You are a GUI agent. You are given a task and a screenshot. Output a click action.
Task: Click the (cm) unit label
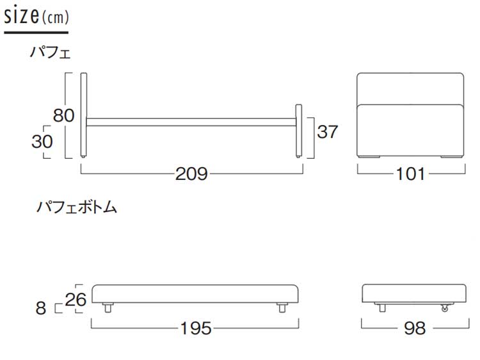coord(55,17)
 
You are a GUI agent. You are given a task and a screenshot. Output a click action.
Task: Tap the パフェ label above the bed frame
coord(50,53)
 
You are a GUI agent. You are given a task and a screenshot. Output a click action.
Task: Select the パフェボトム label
coord(77,207)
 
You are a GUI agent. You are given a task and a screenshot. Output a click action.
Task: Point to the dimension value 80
coord(63,115)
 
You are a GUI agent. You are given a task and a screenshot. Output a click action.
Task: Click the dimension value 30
coord(42,142)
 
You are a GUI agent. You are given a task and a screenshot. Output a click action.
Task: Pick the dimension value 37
coord(328,132)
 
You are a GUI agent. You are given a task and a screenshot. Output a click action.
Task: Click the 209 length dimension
coord(191,174)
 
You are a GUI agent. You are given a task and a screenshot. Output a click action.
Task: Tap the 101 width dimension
coord(410,174)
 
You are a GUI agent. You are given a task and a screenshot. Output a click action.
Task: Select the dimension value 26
coord(76,299)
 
